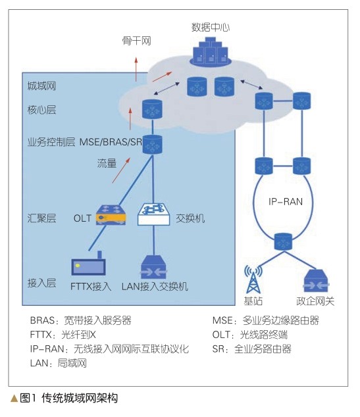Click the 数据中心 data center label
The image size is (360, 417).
coord(211,28)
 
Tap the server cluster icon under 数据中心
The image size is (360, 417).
coord(211,52)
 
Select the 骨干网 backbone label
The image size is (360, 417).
coord(136,41)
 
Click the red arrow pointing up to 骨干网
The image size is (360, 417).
coord(136,69)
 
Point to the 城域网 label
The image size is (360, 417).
coord(41,86)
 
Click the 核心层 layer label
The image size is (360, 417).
coord(41,110)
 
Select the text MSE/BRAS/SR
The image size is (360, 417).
coord(111,142)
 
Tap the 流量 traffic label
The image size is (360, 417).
coord(107,163)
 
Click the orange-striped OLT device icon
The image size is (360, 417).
coord(111,215)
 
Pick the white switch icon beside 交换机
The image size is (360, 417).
coord(153,214)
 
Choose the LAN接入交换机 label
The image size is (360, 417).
coord(155,286)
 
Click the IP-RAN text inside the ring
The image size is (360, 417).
coord(286,201)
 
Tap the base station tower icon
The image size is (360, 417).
coord(253,279)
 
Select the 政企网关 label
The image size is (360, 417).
coord(315,301)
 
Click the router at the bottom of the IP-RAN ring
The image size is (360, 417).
coord(283,241)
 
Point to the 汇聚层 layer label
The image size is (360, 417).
coord(41,218)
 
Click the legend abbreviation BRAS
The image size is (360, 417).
coord(42,320)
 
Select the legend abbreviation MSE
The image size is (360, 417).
coord(222,320)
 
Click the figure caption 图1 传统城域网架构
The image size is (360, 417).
coord(68,398)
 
